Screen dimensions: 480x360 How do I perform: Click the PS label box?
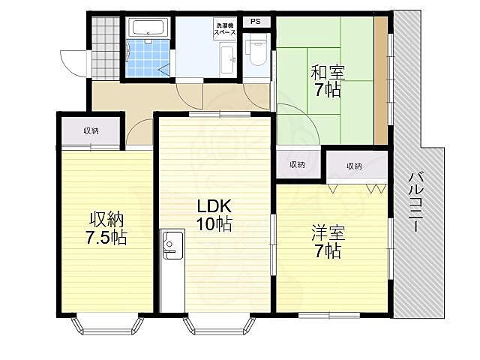(x=256, y=22)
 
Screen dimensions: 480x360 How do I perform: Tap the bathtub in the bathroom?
(x=148, y=28)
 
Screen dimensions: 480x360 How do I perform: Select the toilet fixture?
(x=257, y=51)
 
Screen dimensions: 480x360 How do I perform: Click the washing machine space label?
(x=225, y=29)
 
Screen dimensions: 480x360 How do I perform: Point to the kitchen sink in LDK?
(x=172, y=245)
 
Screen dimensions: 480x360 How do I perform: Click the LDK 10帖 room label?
(x=214, y=215)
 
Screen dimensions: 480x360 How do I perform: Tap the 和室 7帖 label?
(x=328, y=81)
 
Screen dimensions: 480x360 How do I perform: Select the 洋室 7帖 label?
(x=328, y=241)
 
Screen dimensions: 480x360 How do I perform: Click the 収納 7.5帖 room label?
(x=106, y=228)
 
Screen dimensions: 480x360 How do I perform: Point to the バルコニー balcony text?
(x=415, y=202)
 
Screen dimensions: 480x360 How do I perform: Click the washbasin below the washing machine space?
(x=228, y=60)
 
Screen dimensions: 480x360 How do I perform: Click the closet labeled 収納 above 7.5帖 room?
(x=91, y=131)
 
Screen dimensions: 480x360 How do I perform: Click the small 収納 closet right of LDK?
(x=298, y=164)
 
